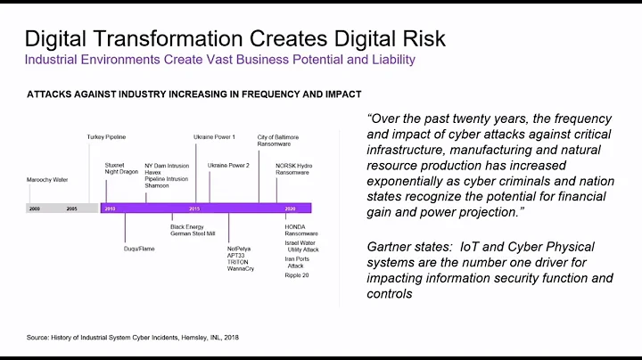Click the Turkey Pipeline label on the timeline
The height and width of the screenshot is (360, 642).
click(x=105, y=137)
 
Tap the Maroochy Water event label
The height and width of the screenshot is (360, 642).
click(x=47, y=179)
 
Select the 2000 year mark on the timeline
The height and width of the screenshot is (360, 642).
click(x=35, y=208)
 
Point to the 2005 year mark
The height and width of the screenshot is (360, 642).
click(x=71, y=208)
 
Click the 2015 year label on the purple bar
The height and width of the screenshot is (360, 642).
click(x=194, y=208)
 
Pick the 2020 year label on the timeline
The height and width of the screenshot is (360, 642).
click(x=290, y=208)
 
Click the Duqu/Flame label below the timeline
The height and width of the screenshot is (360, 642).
click(x=139, y=249)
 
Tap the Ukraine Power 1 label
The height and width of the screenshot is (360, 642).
click(x=214, y=137)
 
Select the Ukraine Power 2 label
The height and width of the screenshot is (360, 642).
click(x=228, y=165)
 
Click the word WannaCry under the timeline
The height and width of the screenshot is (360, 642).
click(x=240, y=268)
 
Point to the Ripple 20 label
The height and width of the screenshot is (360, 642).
click(x=297, y=275)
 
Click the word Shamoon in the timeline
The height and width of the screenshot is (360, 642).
click(x=158, y=185)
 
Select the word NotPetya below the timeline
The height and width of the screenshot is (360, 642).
click(x=239, y=249)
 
